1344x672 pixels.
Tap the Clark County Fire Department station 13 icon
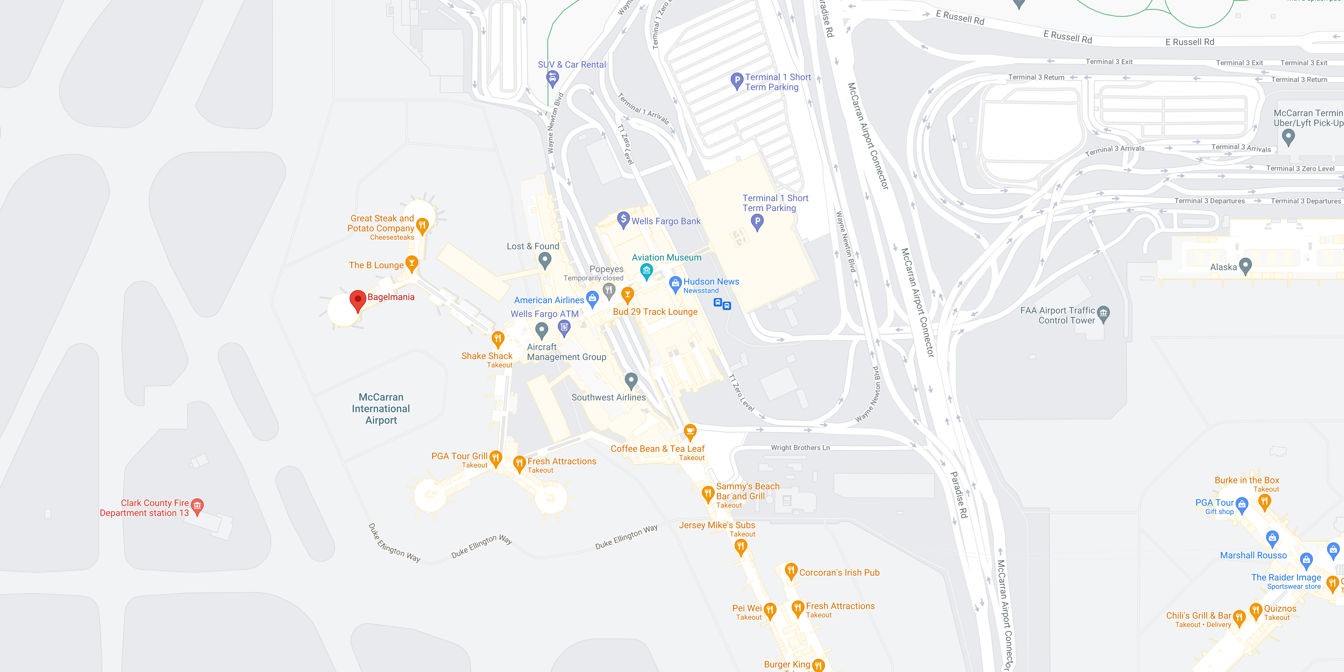tap(197, 505)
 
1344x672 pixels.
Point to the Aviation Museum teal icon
tap(646, 271)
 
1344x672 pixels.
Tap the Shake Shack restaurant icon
tap(498, 339)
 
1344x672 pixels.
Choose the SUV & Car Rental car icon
tap(553, 78)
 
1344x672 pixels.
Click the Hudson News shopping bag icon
tap(675, 283)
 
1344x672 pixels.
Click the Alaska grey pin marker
tap(1245, 266)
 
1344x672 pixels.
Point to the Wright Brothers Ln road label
tap(800, 447)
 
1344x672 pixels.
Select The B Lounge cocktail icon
tap(412, 263)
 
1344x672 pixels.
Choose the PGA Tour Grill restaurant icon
tap(496, 458)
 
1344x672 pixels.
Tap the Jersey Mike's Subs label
tap(717, 525)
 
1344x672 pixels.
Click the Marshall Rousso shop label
tap(1253, 556)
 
